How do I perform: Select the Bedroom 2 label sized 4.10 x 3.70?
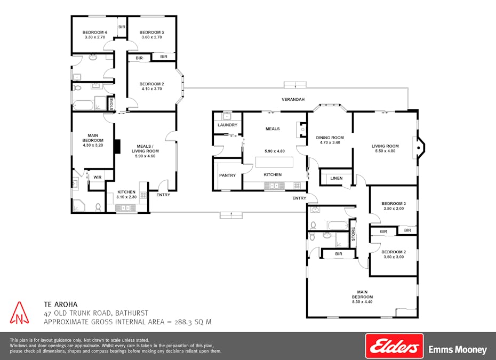151,84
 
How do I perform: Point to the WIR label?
97,177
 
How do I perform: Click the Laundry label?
227,125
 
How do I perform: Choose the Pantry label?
227,175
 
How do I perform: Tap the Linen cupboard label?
336,178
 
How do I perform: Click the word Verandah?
293,100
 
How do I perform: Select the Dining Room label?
330,138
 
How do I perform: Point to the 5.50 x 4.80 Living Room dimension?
385,151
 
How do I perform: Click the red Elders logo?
394,347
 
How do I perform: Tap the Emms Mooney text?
458,350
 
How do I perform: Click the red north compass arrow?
20,313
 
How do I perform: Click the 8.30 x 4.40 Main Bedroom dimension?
362,302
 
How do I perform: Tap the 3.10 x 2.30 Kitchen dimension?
126,197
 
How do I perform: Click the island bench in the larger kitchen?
275,162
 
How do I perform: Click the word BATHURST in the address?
130,313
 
